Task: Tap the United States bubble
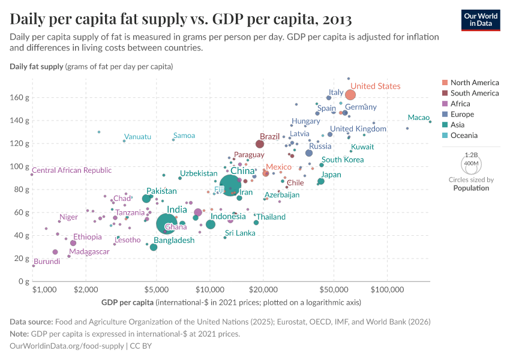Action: [350, 95]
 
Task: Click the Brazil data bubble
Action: [260, 144]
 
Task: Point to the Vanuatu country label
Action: [137, 137]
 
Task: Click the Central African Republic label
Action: [71, 170]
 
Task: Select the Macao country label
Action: [418, 118]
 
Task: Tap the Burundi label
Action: [46, 262]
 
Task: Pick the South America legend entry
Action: [474, 93]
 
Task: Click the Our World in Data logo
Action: [481, 19]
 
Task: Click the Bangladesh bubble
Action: [154, 247]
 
